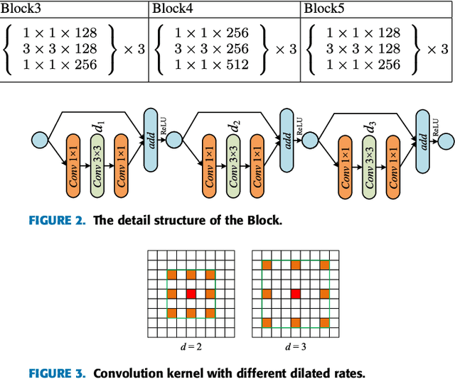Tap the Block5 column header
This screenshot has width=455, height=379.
pyautogui.click(x=322, y=9)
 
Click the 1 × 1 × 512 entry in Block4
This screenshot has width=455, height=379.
pyautogui.click(x=212, y=65)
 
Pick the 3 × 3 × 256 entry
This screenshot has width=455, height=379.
pyautogui.click(x=212, y=49)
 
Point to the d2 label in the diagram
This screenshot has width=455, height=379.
pyautogui.click(x=234, y=127)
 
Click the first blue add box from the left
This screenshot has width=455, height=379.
pyautogui.click(x=151, y=140)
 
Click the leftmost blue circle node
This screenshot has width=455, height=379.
pyautogui.click(x=38, y=139)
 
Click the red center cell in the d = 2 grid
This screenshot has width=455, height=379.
pyautogui.click(x=190, y=293)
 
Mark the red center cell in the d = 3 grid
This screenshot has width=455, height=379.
pyautogui.click(x=295, y=293)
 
